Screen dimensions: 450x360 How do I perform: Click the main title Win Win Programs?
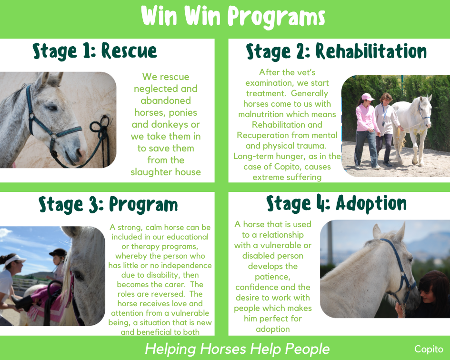coord(233,17)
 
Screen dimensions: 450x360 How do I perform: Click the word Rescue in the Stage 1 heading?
coord(129,51)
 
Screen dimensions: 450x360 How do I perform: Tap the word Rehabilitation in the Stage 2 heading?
coord(371,51)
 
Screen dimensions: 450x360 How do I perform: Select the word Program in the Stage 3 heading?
coord(143,205)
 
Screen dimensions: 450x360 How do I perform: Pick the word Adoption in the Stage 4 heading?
coord(371,203)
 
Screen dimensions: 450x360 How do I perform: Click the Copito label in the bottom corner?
coord(429,349)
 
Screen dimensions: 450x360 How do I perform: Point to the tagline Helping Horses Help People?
coord(237,349)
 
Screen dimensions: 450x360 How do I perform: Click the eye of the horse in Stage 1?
coord(52,108)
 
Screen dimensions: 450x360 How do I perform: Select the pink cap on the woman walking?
coord(367,97)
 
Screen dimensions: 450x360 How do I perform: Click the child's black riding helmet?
coord(59,253)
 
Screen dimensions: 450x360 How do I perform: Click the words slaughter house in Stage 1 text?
coord(166,172)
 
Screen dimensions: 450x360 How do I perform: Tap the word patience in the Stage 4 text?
coord(273,277)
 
